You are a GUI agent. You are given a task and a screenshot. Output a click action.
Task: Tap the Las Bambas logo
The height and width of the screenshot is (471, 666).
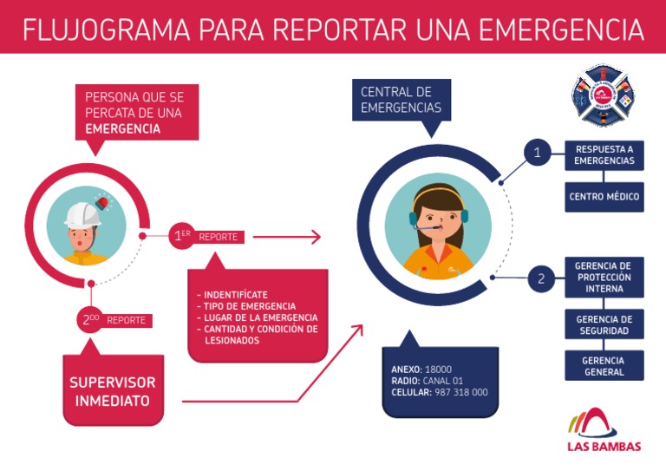(604, 430)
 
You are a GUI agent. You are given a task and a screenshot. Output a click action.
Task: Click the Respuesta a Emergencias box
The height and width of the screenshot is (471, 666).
(604, 155)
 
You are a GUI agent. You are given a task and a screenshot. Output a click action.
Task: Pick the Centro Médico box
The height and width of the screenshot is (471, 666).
(604, 197)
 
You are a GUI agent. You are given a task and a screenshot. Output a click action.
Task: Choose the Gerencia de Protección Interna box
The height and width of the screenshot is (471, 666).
(604, 277)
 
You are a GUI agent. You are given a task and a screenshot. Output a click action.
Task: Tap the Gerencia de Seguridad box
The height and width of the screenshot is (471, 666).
(604, 325)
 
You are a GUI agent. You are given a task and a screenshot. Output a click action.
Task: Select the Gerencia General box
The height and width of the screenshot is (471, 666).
(604, 365)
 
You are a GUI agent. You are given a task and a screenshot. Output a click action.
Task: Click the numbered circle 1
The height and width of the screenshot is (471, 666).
(538, 154)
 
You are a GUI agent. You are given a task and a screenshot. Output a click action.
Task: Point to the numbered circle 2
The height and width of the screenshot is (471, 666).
(541, 278)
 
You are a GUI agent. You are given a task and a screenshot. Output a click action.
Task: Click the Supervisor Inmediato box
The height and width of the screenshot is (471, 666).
(113, 392)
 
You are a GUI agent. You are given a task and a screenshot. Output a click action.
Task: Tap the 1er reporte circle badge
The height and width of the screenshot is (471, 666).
(181, 236)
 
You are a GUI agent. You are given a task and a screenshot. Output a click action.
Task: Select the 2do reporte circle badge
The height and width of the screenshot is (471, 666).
(90, 320)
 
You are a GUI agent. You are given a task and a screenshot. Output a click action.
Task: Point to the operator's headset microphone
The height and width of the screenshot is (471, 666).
(422, 227)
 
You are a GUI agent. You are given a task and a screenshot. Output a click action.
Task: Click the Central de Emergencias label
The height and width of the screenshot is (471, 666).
(401, 101)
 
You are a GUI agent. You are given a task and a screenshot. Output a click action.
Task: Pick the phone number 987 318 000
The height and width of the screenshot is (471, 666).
(461, 392)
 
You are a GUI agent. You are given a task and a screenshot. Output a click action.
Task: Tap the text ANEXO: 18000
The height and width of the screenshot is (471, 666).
(421, 370)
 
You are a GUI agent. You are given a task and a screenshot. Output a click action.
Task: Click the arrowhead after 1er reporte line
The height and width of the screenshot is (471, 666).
(316, 236)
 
